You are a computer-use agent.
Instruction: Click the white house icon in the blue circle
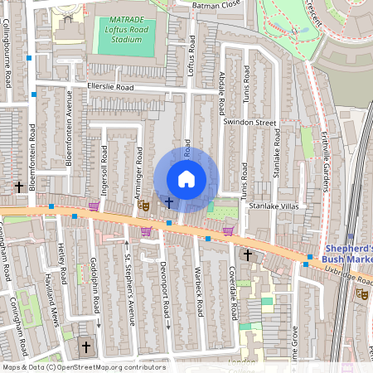point(186,179)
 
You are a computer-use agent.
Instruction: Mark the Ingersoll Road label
point(104,167)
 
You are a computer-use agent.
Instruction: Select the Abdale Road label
point(221,94)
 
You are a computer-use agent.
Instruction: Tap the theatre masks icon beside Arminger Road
point(143,203)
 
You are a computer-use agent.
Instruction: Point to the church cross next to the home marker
point(169,201)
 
